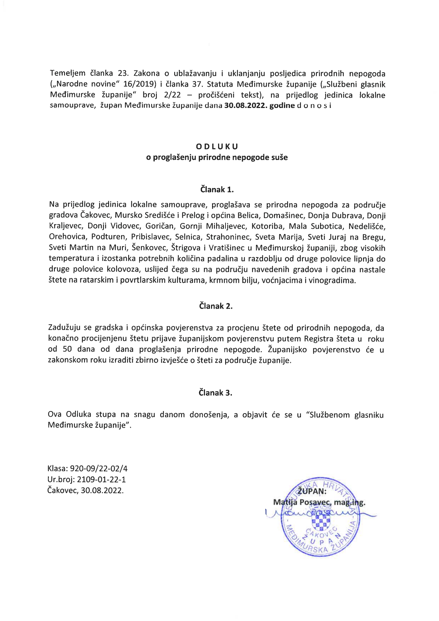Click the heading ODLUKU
[x=217, y=146]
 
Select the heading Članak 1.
[x=217, y=189]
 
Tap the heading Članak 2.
[x=216, y=306]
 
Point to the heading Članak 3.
[x=216, y=393]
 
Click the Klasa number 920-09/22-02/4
[x=99, y=468]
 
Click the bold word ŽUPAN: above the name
[x=313, y=492]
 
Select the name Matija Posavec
[x=301, y=502]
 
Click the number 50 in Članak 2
[x=67, y=349]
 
